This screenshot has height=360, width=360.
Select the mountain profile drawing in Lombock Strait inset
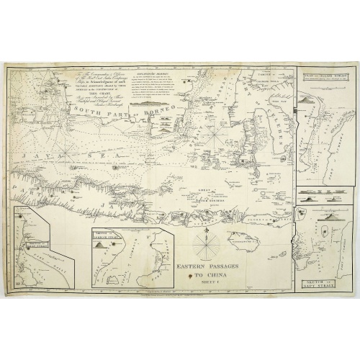[x=100, y=246]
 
